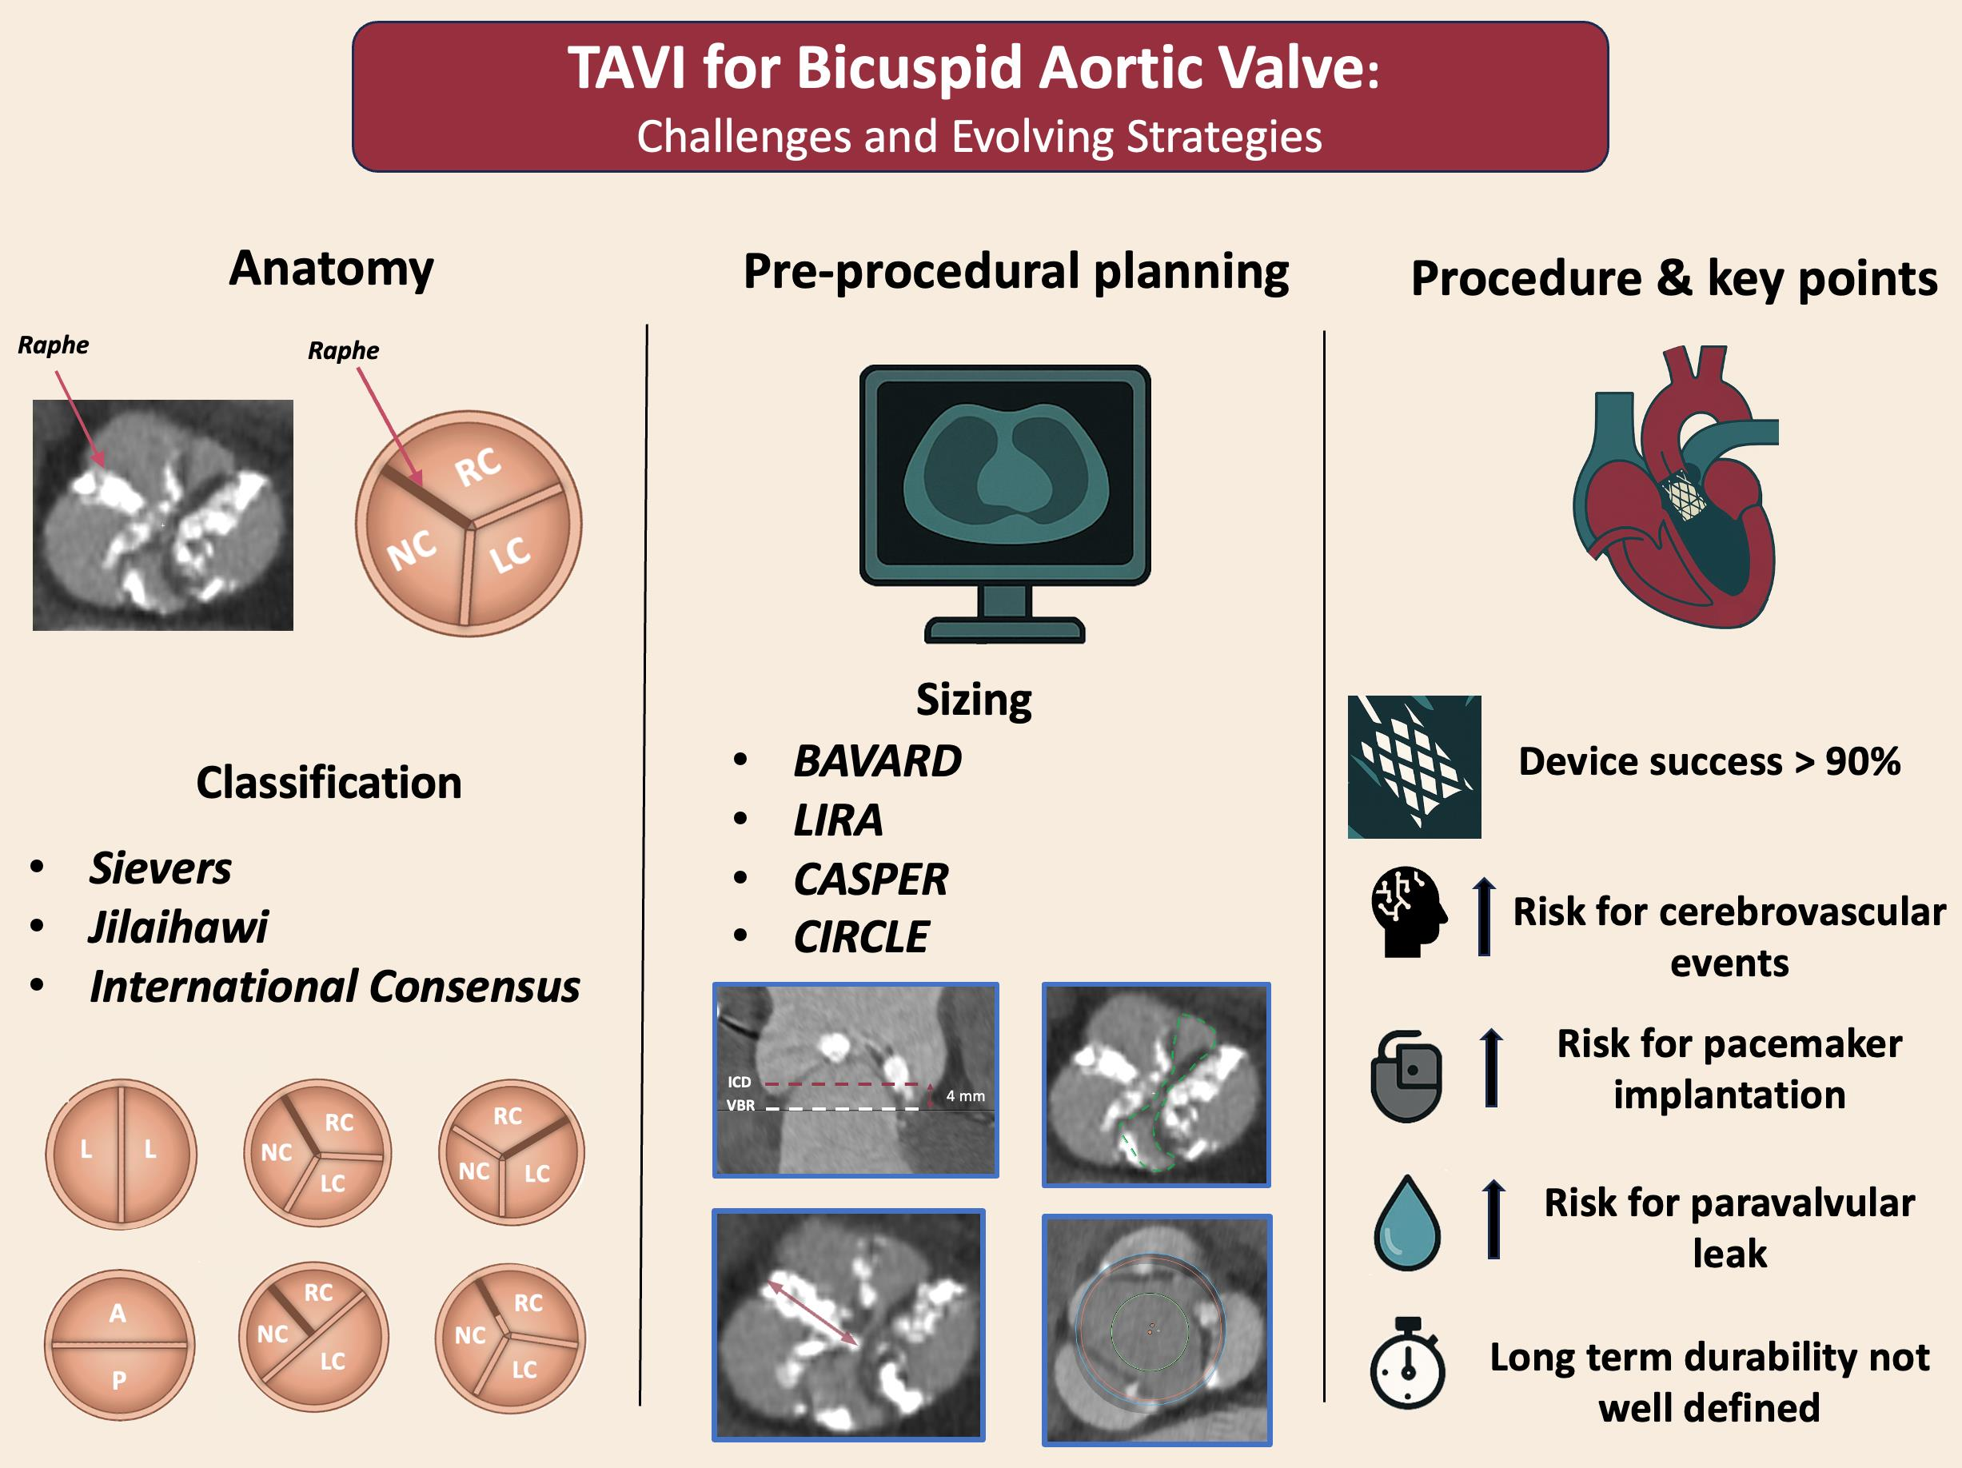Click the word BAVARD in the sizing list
876,761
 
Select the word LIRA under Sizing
837,820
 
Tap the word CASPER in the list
870,879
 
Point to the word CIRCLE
860,936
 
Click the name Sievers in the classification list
160,868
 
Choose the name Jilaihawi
177,927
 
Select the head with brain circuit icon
1408,911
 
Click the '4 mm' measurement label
965,1095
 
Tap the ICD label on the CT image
739,1081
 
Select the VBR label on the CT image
740,1105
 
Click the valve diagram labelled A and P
119,1345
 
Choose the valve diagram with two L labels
121,1153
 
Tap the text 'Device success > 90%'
1709,761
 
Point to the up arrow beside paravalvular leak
1493,1218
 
